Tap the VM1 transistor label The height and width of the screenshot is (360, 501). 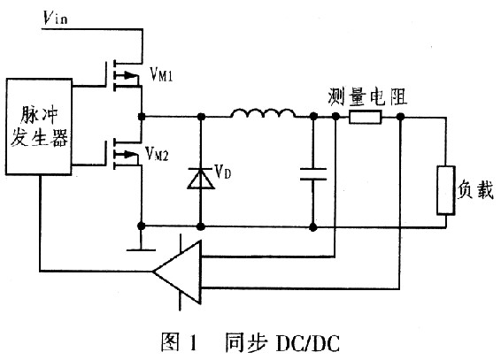click(x=166, y=76)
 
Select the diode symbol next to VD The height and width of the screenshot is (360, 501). click(x=200, y=179)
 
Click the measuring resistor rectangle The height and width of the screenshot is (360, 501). click(x=365, y=116)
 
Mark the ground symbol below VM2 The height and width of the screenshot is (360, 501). click(x=141, y=245)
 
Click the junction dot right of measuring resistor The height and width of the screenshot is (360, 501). click(x=402, y=116)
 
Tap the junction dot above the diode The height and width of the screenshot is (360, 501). click(x=200, y=116)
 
